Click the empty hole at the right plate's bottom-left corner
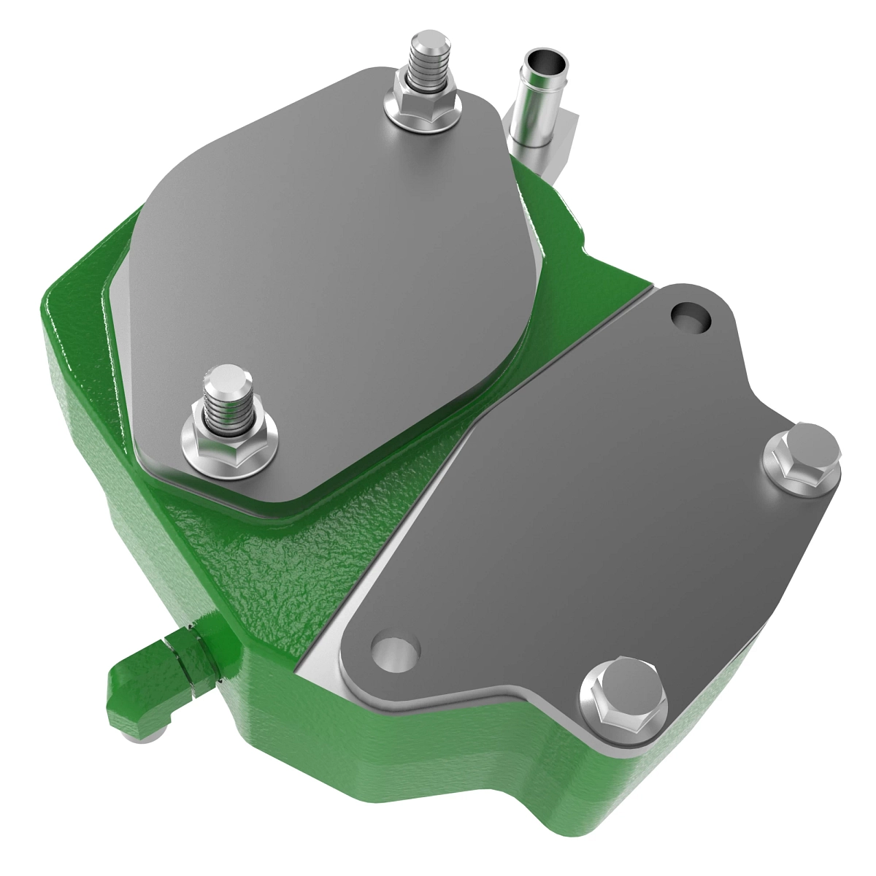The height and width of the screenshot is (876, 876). pyautogui.click(x=394, y=646)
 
